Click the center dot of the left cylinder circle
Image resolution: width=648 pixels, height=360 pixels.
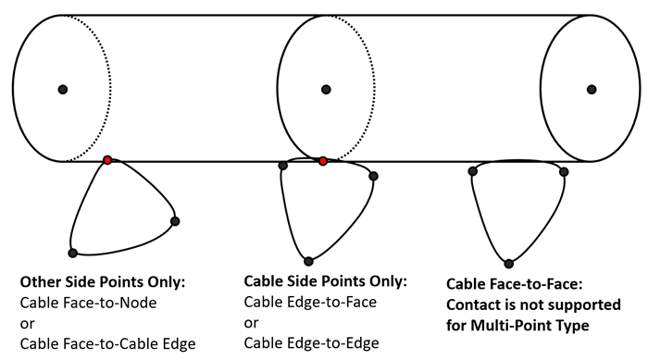click(x=63, y=89)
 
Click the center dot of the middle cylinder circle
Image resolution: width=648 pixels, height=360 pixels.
click(x=326, y=89)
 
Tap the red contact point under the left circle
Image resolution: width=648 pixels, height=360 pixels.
click(x=108, y=160)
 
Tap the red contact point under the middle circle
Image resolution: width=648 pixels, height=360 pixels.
click(x=322, y=161)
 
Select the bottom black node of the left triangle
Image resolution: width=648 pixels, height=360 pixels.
click(x=72, y=253)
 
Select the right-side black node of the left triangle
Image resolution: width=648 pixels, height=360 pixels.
click(x=175, y=220)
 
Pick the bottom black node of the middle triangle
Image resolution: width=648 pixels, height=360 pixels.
click(x=308, y=260)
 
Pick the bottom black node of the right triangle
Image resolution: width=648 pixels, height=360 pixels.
click(x=508, y=263)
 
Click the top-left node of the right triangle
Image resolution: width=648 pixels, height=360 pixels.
click(x=472, y=171)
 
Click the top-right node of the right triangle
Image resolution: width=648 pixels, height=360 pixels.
click(x=564, y=171)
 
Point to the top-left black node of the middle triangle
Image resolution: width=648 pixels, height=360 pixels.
click(x=282, y=166)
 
